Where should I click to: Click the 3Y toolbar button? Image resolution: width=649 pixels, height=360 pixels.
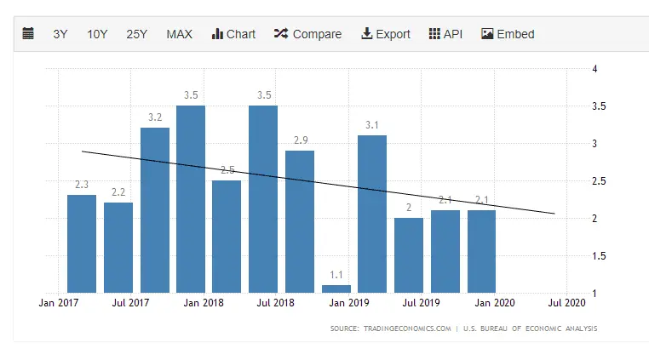(x=60, y=34)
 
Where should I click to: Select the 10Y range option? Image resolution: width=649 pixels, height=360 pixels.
(x=97, y=34)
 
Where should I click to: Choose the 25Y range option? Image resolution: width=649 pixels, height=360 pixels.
(x=136, y=34)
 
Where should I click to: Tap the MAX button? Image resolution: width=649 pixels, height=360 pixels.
(x=179, y=34)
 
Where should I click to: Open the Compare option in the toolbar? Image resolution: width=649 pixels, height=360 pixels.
(x=307, y=34)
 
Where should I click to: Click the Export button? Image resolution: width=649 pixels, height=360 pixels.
(x=386, y=34)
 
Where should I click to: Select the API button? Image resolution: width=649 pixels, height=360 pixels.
(x=445, y=34)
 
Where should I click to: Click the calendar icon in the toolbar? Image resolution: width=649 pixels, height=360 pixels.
(x=28, y=34)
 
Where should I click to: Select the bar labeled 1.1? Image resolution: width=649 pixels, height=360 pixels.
(x=336, y=289)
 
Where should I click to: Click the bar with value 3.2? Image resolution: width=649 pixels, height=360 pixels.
(x=155, y=210)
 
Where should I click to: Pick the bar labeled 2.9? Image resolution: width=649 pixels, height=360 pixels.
(x=300, y=221)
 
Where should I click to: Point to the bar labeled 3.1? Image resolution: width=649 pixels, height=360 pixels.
(x=372, y=214)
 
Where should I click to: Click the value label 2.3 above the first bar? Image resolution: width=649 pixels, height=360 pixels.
(x=82, y=185)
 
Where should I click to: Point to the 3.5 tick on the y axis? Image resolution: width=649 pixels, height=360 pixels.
(x=600, y=106)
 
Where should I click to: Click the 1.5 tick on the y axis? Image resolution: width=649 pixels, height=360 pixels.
(x=600, y=256)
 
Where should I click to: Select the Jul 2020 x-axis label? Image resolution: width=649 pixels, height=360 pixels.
(x=566, y=301)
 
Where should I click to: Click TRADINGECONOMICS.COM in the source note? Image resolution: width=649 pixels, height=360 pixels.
(x=405, y=329)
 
